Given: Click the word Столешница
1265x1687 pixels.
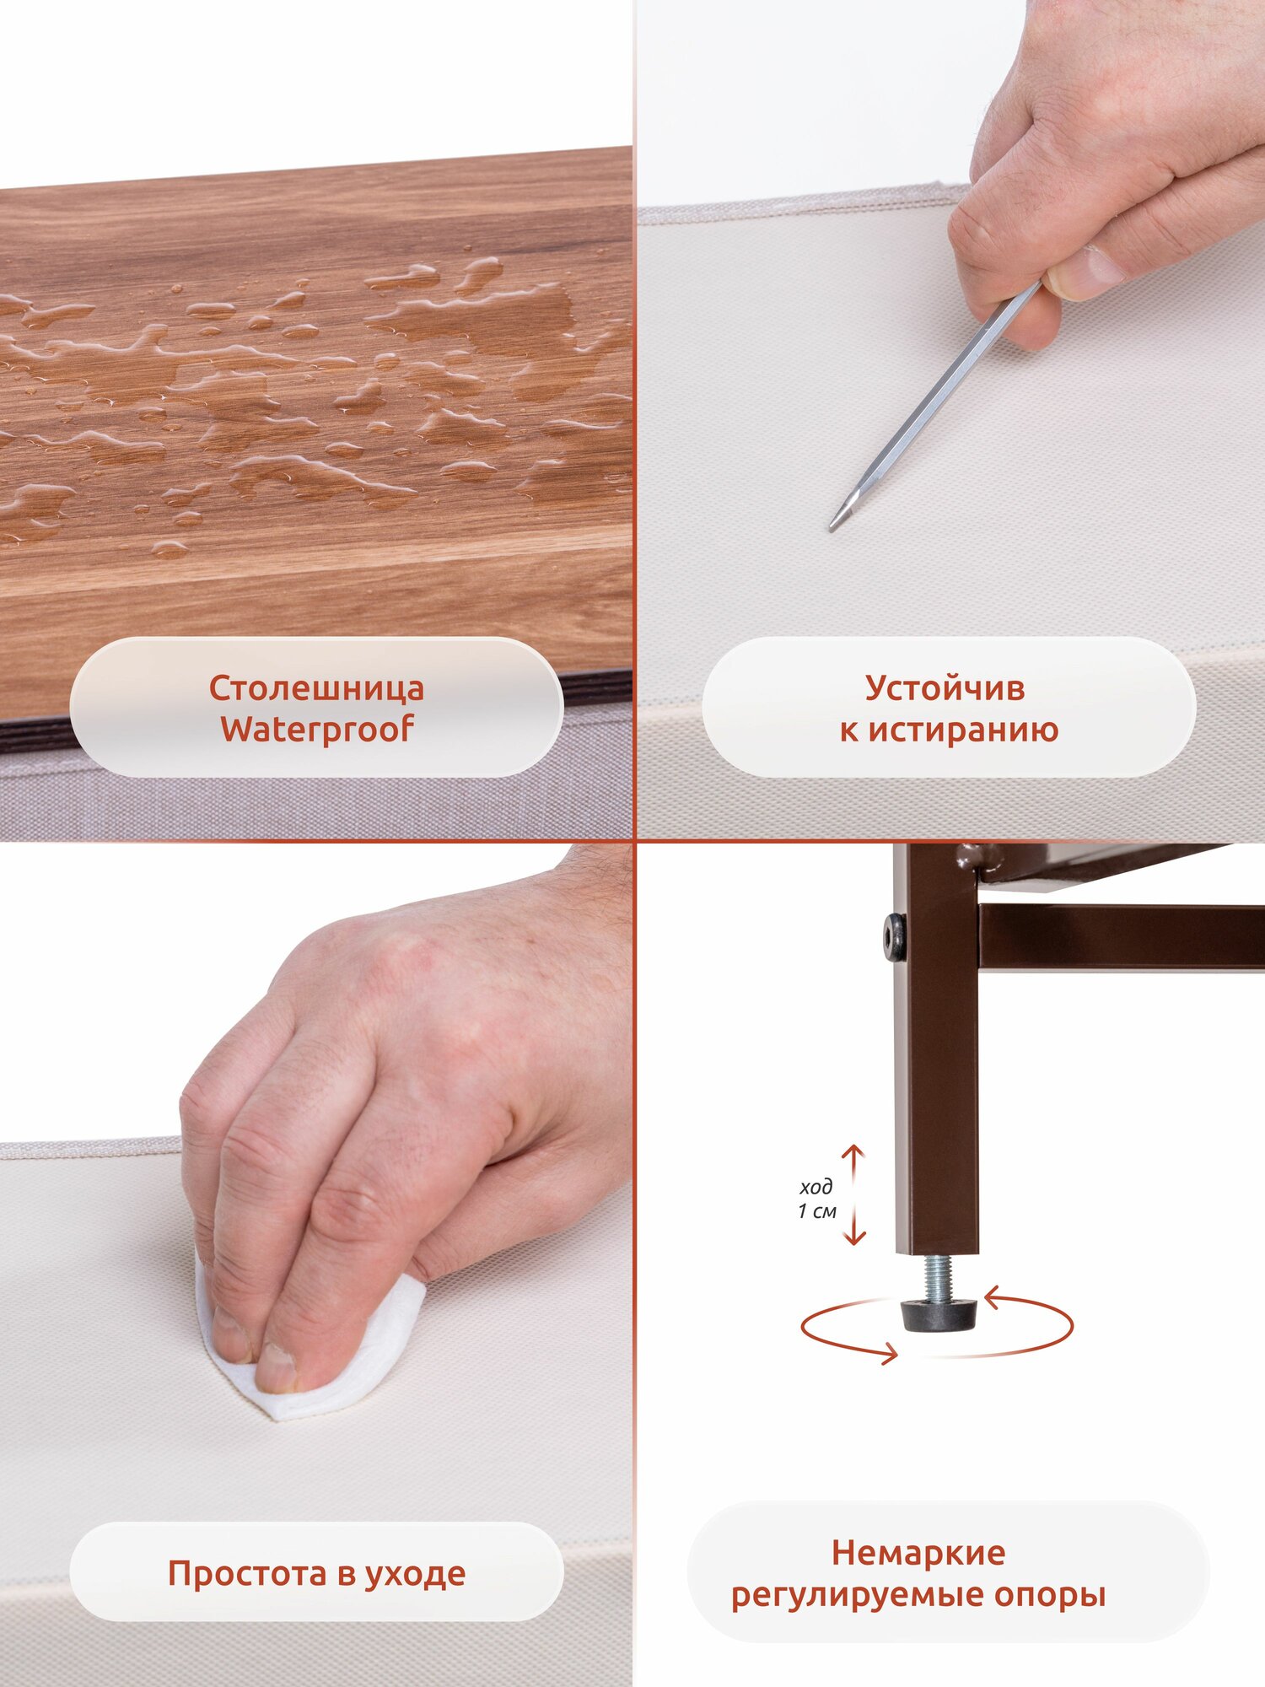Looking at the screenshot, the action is click(316, 687).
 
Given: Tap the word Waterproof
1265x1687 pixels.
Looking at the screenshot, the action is click(317, 730).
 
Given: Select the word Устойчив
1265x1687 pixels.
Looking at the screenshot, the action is click(945, 687).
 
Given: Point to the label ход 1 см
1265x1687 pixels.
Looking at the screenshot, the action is click(817, 1199).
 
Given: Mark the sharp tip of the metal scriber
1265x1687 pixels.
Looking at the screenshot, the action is click(832, 528).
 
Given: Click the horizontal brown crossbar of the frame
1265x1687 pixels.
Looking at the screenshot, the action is click(1122, 936).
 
